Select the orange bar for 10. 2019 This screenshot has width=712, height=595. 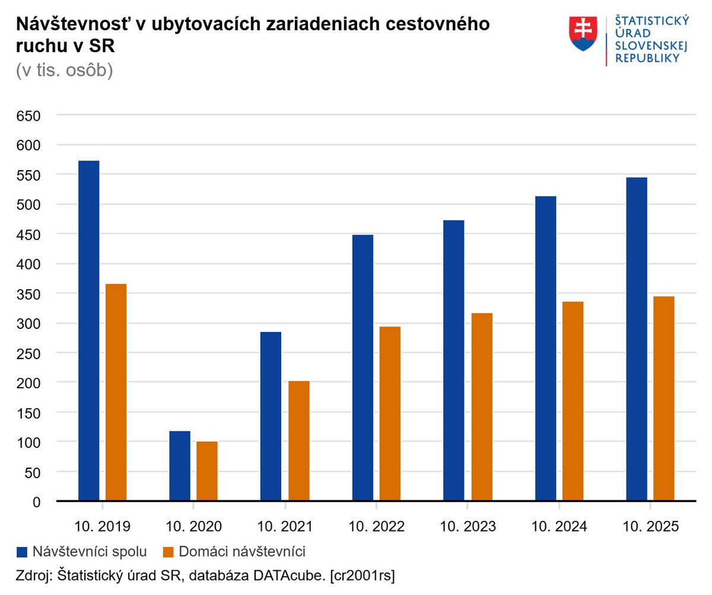tap(116, 392)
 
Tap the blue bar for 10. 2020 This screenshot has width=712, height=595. tap(180, 466)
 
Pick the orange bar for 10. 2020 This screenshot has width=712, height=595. tap(207, 471)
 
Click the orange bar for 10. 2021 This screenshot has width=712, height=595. tap(299, 441)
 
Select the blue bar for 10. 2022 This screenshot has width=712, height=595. tap(363, 368)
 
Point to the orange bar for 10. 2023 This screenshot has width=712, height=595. tap(482, 407)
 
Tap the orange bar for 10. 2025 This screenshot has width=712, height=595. tap(664, 399)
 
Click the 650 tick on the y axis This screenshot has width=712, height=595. tap(28, 116)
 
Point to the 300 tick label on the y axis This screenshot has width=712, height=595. tap(28, 324)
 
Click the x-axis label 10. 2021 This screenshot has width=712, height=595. tap(285, 526)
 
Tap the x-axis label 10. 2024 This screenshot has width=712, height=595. tap(559, 526)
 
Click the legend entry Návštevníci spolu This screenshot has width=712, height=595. tap(90, 552)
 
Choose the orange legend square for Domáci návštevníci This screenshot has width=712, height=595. tap(169, 552)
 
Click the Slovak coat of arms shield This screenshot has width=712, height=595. tap(583, 33)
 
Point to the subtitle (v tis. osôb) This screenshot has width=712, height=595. tap(64, 70)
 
